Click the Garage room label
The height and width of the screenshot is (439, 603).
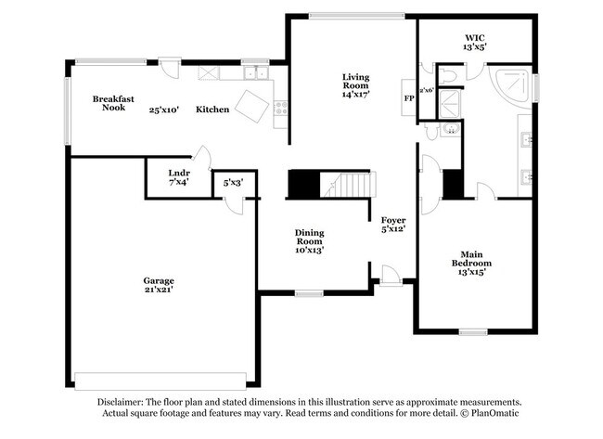click(x=158, y=280)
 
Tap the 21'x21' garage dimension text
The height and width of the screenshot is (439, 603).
click(x=158, y=290)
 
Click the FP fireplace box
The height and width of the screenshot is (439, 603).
click(x=408, y=97)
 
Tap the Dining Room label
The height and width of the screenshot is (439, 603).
click(x=309, y=237)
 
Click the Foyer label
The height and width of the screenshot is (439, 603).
click(x=393, y=220)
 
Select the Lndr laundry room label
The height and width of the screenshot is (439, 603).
click(x=178, y=173)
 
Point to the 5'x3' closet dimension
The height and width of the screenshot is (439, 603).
click(x=231, y=183)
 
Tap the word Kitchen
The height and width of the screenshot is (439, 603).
click(x=212, y=110)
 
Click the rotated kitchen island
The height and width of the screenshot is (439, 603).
click(x=251, y=105)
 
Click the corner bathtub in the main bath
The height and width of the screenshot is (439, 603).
click(x=511, y=85)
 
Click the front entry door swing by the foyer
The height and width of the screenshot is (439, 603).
click(x=391, y=274)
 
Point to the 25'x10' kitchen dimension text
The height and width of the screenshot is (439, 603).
click(x=167, y=110)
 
